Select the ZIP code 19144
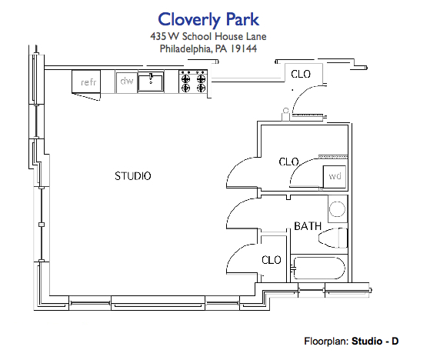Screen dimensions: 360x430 242,48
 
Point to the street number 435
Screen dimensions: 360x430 161,36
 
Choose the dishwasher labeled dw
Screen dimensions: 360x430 125,80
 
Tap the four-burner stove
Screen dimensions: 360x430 193,81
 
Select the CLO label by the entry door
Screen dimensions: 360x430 300,74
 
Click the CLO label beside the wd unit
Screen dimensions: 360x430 288,162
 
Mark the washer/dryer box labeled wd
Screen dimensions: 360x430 334,176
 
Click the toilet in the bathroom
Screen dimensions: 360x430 334,237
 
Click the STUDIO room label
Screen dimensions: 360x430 133,176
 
